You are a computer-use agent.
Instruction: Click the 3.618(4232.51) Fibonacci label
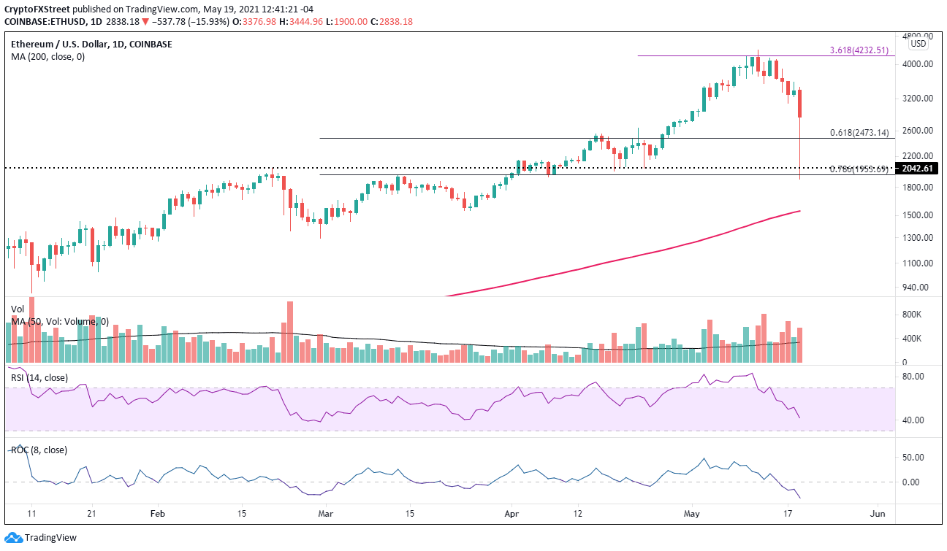click(x=859, y=50)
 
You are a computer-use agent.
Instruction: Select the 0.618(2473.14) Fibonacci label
click(x=859, y=133)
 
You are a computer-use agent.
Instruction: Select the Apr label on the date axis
click(x=511, y=514)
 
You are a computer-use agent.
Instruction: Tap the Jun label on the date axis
click(x=878, y=514)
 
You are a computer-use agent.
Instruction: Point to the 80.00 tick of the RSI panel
click(x=913, y=377)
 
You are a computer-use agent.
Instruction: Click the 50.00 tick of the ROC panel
click(x=913, y=458)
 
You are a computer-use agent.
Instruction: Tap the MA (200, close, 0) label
click(x=47, y=56)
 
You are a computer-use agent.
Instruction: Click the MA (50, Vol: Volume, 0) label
click(x=59, y=321)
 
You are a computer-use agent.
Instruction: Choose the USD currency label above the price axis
click(x=919, y=44)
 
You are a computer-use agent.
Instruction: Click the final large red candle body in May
click(x=800, y=104)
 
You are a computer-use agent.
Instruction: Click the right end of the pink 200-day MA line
click(x=799, y=211)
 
